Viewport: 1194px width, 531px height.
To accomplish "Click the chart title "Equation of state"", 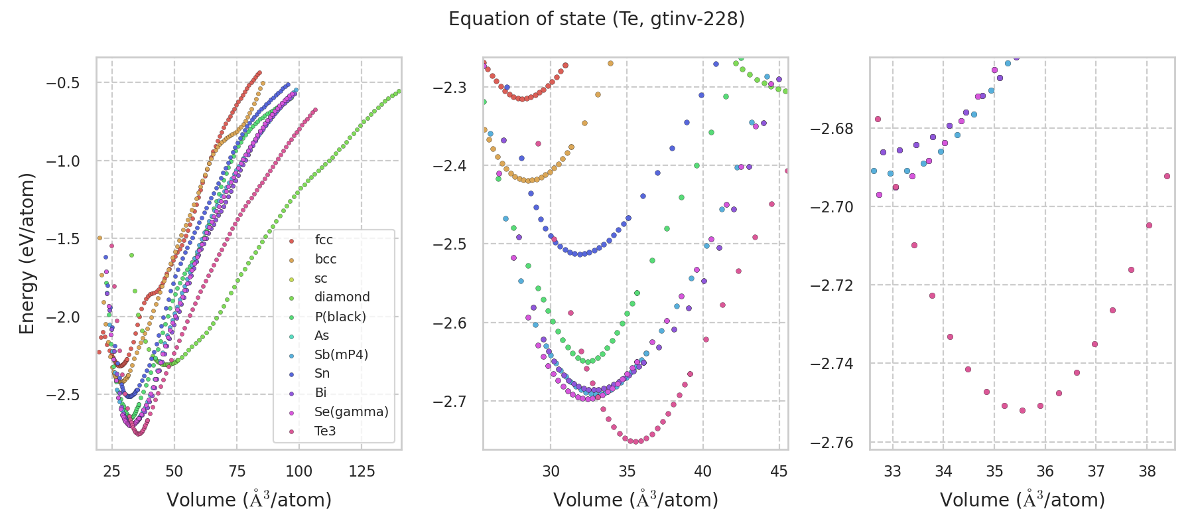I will click(596, 19).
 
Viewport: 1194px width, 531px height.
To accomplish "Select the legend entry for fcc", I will click(324, 240).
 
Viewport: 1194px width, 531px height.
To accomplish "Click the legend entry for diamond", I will click(342, 297).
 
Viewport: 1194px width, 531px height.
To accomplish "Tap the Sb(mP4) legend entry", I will click(341, 354).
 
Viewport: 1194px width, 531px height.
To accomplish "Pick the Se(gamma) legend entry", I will click(351, 412).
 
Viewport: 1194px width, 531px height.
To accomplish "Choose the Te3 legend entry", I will click(325, 431).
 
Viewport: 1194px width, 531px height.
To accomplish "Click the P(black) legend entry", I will click(340, 317).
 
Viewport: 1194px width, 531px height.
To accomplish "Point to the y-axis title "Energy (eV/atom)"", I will click(27, 254).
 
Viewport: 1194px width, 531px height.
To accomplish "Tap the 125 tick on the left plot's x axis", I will click(362, 471).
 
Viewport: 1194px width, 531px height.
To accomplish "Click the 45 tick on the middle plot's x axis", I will click(779, 471).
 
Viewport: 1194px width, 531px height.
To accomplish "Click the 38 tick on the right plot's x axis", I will click(1147, 471).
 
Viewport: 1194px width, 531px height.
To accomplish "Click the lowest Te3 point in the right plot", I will click(1022, 410).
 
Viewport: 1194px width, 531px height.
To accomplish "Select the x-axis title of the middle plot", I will click(635, 500).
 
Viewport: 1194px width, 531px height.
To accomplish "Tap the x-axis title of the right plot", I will click(1022, 500).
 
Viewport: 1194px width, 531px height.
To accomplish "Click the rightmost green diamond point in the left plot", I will click(399, 91).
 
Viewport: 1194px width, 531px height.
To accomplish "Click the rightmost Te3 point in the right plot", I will click(1167, 176).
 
